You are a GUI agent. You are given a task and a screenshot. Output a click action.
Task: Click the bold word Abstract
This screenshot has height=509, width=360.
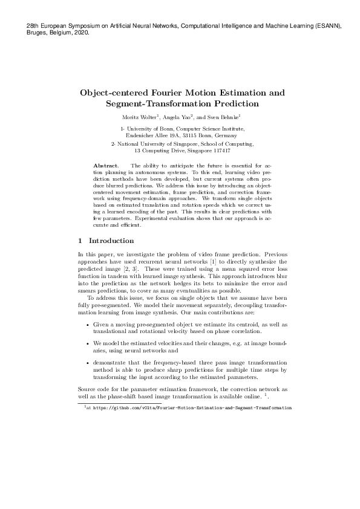(106, 165)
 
